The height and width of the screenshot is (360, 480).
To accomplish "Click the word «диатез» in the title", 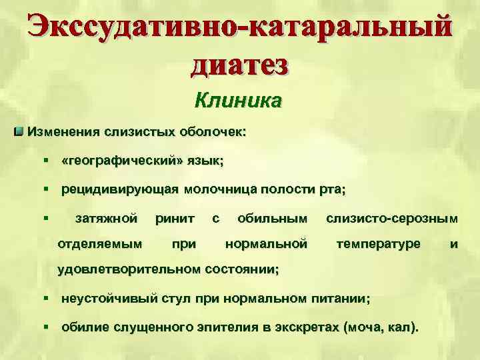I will [x=240, y=65].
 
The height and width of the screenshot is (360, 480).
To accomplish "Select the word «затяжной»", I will [x=107, y=218].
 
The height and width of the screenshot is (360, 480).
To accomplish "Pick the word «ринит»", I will [x=175, y=218].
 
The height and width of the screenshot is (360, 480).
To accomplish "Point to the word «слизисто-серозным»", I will [x=392, y=218].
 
